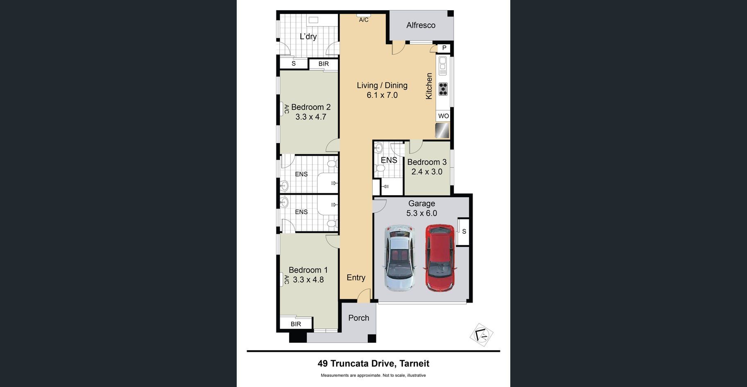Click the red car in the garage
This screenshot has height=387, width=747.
click(x=439, y=258)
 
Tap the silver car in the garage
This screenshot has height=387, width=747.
click(x=399, y=258)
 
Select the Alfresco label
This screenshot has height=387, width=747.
click(x=421, y=25)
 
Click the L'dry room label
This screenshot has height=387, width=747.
click(x=308, y=36)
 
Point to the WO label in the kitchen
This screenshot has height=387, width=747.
click(x=443, y=116)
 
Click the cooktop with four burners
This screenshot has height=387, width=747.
click(x=443, y=89)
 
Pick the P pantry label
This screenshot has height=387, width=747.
click(x=444, y=48)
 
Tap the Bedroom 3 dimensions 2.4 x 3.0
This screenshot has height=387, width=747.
click(x=427, y=172)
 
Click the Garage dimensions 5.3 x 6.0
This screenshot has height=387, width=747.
click(x=421, y=213)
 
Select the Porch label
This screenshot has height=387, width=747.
click(x=359, y=318)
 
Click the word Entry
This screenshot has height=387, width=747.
click(x=356, y=278)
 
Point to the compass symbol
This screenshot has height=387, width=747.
click(x=482, y=335)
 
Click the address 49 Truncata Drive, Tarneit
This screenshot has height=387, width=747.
click(x=373, y=363)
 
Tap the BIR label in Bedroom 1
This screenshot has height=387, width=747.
click(x=296, y=324)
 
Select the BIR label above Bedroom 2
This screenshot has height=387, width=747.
click(x=324, y=64)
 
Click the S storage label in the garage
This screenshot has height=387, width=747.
click(x=464, y=231)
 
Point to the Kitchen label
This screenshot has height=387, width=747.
click(x=429, y=86)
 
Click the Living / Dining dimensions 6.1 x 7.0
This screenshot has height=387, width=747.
click(x=382, y=95)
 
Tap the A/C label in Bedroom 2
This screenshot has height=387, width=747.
click(x=287, y=109)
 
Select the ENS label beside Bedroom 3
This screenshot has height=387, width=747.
click(x=389, y=160)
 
